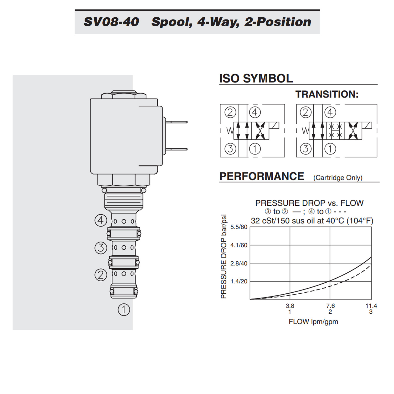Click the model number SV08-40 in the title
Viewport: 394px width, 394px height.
[x=111, y=22]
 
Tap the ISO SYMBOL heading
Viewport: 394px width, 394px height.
[x=256, y=79]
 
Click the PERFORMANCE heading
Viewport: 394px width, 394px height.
[x=262, y=176]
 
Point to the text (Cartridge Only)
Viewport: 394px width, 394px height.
[x=338, y=178]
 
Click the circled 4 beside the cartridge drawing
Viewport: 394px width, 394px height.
[x=101, y=220]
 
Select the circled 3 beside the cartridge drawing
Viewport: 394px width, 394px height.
[x=101, y=248]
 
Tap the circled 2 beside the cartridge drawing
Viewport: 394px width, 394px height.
[x=101, y=275]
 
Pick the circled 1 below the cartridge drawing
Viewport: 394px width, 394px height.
[x=124, y=310]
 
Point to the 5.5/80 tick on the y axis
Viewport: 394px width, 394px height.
[x=239, y=227]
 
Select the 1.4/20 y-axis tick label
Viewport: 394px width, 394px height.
[x=239, y=281]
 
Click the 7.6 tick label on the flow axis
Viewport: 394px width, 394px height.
[x=330, y=306]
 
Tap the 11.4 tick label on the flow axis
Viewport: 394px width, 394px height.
[x=371, y=306]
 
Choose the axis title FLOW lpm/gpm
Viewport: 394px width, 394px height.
[x=313, y=322]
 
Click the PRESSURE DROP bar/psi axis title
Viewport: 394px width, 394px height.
[x=224, y=257]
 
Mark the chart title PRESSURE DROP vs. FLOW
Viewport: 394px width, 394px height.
[x=309, y=203]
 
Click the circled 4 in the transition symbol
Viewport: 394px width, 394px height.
[x=330, y=112]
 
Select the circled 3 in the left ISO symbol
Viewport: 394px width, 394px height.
[x=230, y=149]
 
